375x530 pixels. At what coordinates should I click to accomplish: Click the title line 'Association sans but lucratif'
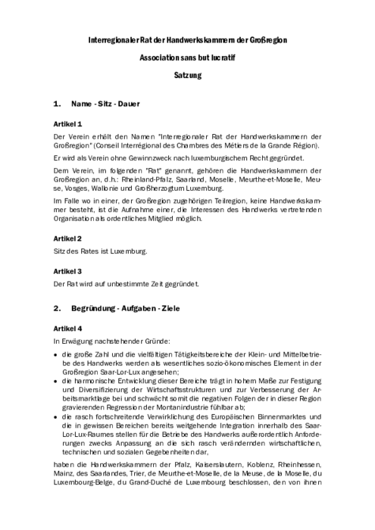click(187, 57)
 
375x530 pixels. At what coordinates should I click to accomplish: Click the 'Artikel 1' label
click(68, 123)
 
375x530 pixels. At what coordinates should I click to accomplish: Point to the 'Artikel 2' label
click(68, 238)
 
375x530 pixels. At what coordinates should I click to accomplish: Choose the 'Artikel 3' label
click(68, 270)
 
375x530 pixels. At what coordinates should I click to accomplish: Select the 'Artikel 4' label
click(68, 329)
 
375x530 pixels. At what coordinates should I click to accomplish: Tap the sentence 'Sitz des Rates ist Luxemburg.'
click(100, 251)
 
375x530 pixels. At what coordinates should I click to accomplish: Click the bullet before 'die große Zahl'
click(56, 354)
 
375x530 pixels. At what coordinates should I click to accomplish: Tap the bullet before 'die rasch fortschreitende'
click(56, 416)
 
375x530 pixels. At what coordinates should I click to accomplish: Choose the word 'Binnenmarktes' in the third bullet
click(295, 416)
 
